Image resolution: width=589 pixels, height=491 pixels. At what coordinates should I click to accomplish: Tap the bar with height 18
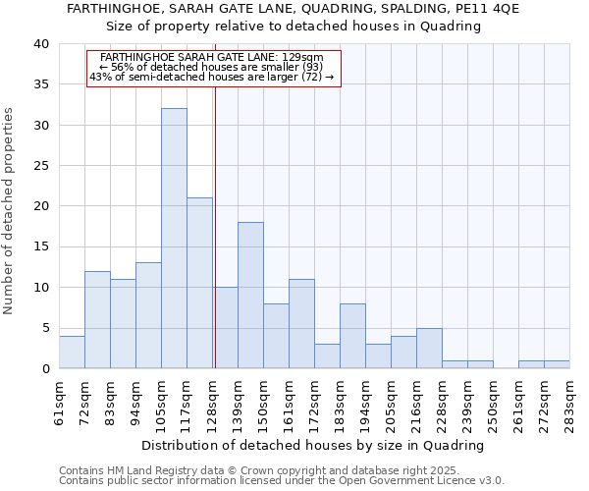[x=250, y=295]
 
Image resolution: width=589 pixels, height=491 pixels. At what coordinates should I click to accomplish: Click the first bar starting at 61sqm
[x=72, y=352]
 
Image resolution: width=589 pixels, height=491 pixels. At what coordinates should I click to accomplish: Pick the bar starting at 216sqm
[x=429, y=348]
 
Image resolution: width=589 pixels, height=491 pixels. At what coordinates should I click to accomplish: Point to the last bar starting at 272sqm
[x=557, y=364]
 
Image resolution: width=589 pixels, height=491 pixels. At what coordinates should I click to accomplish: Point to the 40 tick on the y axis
[x=40, y=44]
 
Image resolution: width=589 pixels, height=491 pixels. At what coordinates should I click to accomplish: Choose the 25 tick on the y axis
[x=40, y=166]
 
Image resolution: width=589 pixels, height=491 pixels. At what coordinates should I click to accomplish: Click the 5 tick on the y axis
[x=44, y=328]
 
